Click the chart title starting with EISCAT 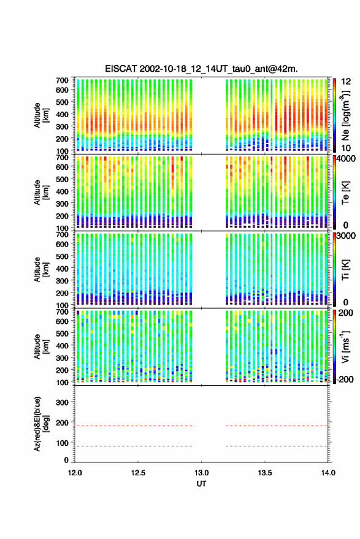click(201, 69)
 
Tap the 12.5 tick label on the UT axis click(138, 473)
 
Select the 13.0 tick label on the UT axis click(201, 473)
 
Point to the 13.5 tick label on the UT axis click(264, 473)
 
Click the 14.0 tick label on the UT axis click(327, 473)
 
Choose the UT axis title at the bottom click(201, 484)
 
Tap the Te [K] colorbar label click(345, 193)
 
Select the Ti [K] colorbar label click(345, 270)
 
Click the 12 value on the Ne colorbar click(346, 82)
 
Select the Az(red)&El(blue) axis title click(41, 424)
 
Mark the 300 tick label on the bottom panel click(62, 402)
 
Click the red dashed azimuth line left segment click(133, 426)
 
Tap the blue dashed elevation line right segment click(277, 446)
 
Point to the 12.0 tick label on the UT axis click(75, 473)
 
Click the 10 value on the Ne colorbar click(346, 148)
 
